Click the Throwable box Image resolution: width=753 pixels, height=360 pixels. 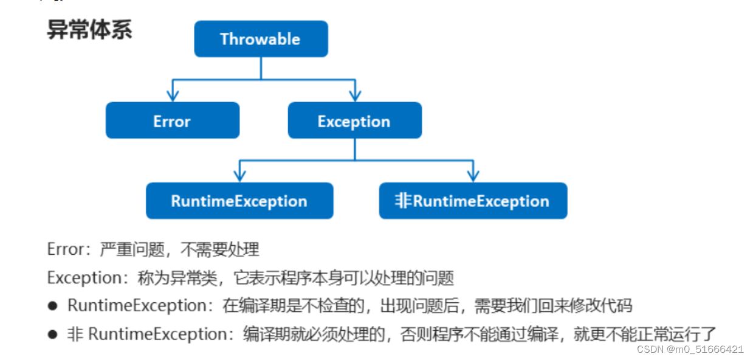pyautogui.click(x=261, y=39)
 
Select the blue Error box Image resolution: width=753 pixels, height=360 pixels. pyautogui.click(x=173, y=120)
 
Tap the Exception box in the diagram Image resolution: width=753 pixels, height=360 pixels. pyautogui.click(x=354, y=120)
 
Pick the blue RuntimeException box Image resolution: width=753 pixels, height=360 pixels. pyautogui.click(x=239, y=201)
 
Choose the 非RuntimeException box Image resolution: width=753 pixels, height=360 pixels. pyautogui.click(x=473, y=201)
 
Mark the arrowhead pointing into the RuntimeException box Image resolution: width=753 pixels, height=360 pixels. pyautogui.click(x=240, y=176)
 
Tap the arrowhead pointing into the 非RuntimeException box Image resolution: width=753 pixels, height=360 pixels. pyautogui.click(x=473, y=176)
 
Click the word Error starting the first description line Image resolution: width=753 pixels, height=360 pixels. pyautogui.click(x=65, y=249)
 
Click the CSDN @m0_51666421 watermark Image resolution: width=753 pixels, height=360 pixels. pyautogui.click(x=689, y=349)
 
